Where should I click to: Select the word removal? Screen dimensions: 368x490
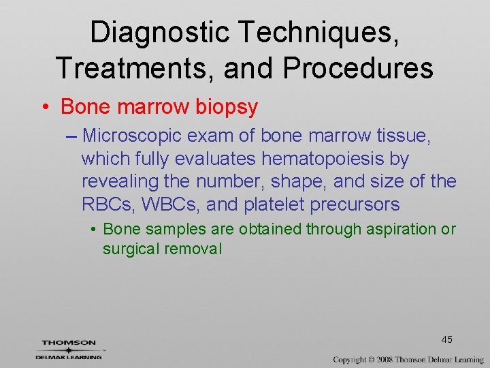tap(193, 249)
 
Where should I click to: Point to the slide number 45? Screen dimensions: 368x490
tap(447, 339)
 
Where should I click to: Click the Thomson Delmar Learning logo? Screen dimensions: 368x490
tap(69, 349)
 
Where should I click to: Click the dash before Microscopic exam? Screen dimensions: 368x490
tap(73, 136)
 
